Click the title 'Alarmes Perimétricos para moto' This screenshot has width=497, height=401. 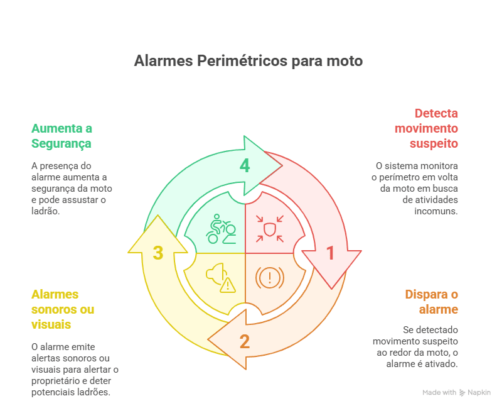tap(248, 61)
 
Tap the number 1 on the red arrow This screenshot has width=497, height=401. tap(330, 253)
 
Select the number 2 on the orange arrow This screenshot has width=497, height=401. tap(244, 342)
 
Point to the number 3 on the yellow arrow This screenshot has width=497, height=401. tap(158, 253)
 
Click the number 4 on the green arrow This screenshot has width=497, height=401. tap(244, 165)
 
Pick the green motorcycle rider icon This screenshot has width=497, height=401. tap(221, 229)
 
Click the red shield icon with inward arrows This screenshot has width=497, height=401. tap(270, 229)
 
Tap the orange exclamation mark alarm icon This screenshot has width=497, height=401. tap(270, 277)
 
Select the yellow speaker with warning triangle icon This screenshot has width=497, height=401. tap(221, 277)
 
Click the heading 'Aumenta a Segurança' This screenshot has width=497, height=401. tap(61, 136)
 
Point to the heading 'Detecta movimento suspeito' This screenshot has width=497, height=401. tap(426, 128)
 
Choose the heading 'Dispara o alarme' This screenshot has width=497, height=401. tap(432, 302)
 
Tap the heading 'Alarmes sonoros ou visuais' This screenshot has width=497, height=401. tap(63, 309)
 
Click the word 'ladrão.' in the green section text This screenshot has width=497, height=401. tap(46, 211)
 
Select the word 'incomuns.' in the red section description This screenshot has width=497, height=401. tap(436, 211)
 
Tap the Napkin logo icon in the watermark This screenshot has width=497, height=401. tap(462, 393)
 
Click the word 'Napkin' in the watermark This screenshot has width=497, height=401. tap(479, 393)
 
